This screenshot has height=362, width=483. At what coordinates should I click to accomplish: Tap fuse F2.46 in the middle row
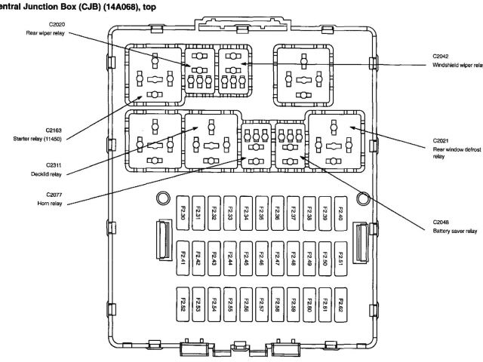pyautogui.click(x=262, y=260)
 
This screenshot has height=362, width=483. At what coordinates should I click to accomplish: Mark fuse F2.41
pyautogui.click(x=183, y=260)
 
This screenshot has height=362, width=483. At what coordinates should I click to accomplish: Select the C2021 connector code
pyautogui.click(x=441, y=140)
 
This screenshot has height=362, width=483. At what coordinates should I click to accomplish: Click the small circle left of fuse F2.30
pyautogui.click(x=162, y=199)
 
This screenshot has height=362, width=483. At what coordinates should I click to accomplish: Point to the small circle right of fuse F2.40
pyautogui.click(x=363, y=199)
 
